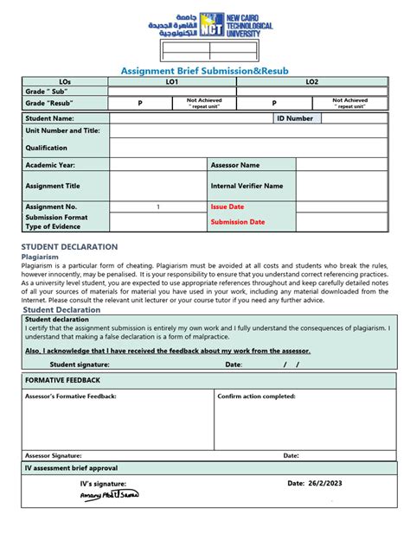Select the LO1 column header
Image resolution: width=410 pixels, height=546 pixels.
tap(172, 81)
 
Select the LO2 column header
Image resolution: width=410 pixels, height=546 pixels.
tap(311, 81)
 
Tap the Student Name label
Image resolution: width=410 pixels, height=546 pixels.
tap(49, 118)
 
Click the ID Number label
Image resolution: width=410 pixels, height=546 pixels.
tap(295, 118)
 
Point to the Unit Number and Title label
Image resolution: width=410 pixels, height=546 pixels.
tap(62, 131)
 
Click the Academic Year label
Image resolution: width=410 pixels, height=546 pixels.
tap(50, 164)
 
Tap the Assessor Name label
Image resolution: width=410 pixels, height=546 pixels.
tap(235, 164)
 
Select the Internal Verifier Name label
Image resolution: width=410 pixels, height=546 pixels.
tap(247, 186)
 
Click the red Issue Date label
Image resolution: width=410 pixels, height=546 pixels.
tap(227, 207)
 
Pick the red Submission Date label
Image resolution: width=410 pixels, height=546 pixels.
tap(238, 222)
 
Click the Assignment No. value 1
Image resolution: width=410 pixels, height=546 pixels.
tap(157, 207)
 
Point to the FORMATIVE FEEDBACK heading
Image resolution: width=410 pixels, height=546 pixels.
tap(63, 380)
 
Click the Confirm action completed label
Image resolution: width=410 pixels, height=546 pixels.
tap(257, 396)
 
